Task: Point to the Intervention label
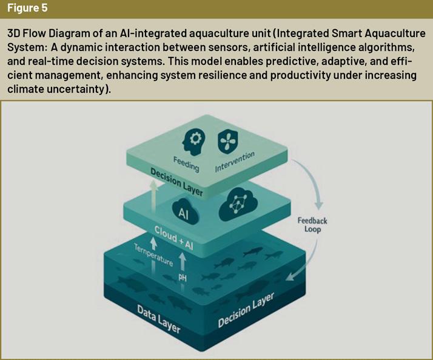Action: pos(235,161)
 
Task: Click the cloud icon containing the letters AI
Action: pos(183,212)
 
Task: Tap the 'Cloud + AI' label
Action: pos(174,237)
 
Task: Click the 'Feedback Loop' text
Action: pos(313,225)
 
